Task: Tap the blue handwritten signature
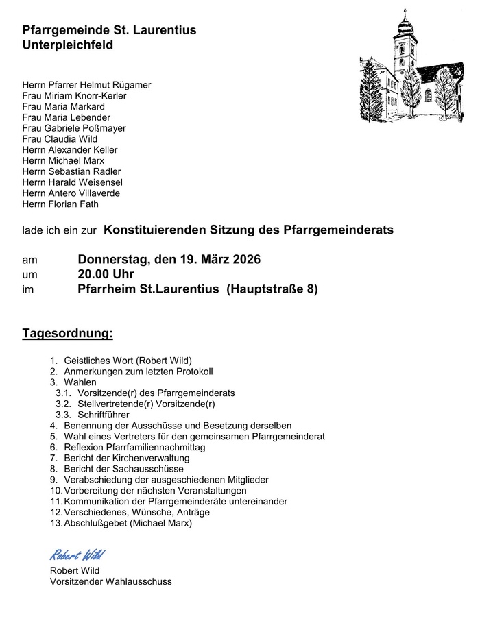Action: coord(77,555)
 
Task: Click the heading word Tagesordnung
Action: coord(67,334)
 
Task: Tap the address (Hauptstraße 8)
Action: coord(272,289)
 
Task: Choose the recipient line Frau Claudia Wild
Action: coord(60,139)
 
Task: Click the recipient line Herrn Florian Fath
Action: coord(60,204)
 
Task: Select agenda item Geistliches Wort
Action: coord(128,361)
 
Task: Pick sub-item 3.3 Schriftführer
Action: coord(104,415)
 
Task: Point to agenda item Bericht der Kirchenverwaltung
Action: coord(126,458)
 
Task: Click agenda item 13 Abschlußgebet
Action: coord(128,523)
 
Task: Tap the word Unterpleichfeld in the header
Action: coord(67,45)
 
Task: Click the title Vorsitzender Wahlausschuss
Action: coord(110,581)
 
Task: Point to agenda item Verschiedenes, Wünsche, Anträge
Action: coord(136,512)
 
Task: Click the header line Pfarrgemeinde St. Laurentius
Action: coord(109,30)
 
